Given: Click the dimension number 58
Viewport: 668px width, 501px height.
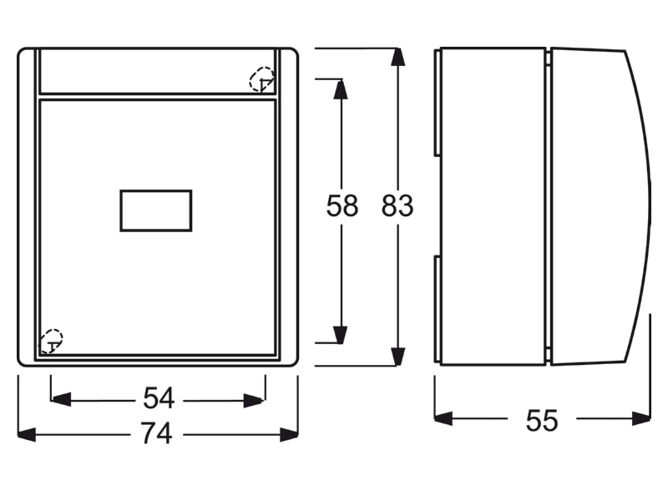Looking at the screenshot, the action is tap(342, 205).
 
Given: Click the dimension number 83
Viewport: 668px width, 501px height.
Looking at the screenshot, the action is tap(397, 205).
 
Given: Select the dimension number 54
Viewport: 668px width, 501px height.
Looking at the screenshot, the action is tap(159, 398).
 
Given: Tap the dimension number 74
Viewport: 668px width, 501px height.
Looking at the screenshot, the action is tap(157, 433).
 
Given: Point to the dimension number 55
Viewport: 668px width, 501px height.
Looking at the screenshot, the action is tap(541, 421).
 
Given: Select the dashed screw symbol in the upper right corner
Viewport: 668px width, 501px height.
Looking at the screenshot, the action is tap(261, 79).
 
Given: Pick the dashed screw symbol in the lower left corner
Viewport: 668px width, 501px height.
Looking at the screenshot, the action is tap(51, 342).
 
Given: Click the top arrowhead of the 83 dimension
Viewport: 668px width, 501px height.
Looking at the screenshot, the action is tap(397, 57).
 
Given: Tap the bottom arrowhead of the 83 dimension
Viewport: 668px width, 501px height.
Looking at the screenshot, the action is tap(397, 357).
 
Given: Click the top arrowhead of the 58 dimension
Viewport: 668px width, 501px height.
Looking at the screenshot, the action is tap(341, 89).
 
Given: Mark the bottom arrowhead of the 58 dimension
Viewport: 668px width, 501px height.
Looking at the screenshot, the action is tap(341, 335).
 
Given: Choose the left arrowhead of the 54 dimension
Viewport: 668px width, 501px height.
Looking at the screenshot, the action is tap(60, 401).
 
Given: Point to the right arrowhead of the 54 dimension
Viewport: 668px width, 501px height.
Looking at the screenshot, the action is tap(254, 401).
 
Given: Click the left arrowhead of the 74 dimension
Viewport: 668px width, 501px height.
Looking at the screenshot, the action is tap(27, 435).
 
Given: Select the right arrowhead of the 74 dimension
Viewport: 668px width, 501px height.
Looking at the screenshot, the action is tap(289, 435).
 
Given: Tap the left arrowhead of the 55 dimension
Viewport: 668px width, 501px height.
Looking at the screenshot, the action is tap(443, 419).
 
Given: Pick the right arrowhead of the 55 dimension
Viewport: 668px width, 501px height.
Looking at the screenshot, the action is tap(641, 419).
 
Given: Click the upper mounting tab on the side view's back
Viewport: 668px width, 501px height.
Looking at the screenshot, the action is tap(438, 103).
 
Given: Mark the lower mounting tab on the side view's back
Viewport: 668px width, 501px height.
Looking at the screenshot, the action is tap(438, 309).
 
